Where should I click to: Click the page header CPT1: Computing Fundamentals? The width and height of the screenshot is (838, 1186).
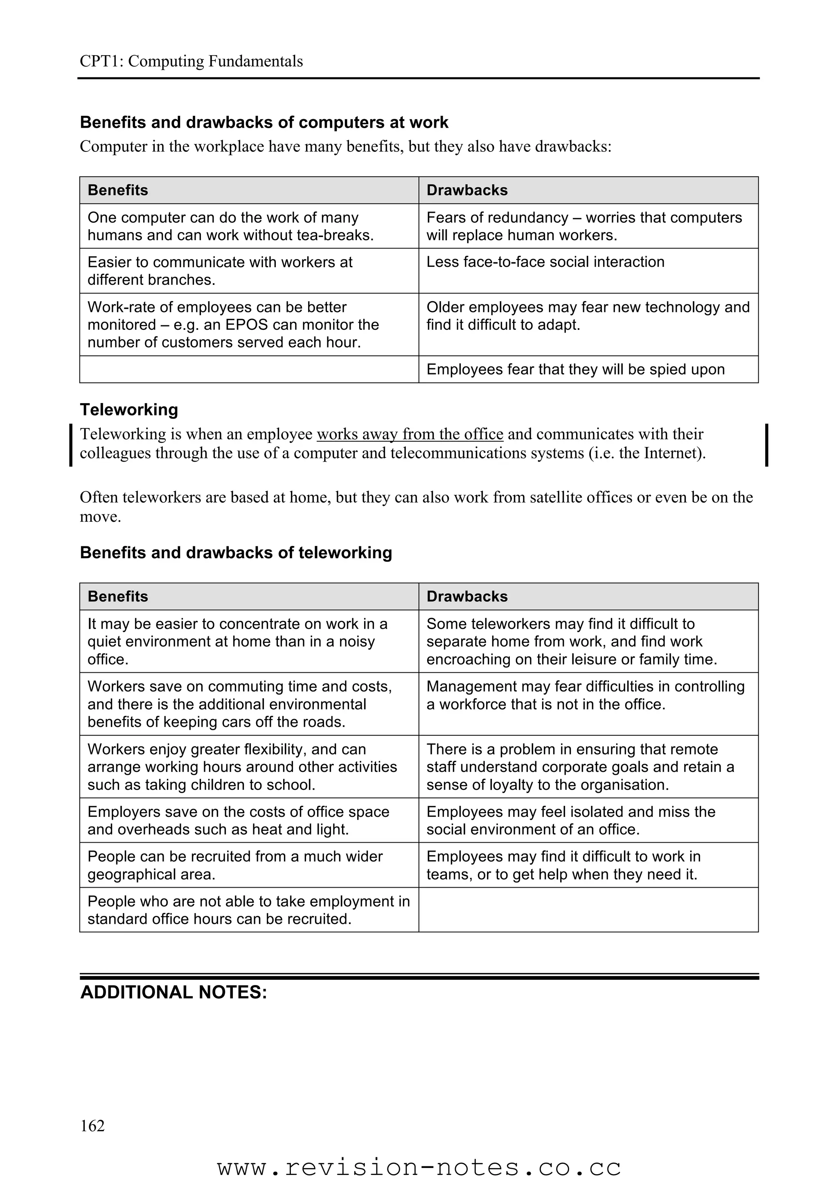coord(191,61)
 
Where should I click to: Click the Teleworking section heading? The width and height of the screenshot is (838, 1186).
coord(128,410)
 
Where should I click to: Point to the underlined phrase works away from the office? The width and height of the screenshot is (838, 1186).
coord(410,434)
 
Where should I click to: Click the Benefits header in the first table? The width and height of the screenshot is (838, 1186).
coord(118,190)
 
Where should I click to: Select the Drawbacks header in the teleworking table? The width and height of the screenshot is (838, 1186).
coord(467,596)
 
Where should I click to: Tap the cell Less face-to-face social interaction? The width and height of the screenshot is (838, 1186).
coord(545,262)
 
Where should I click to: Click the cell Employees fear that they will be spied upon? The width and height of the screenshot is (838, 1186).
coord(575,369)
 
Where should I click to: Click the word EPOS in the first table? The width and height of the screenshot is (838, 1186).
coord(246,325)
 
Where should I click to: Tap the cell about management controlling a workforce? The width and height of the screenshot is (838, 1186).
coord(585,695)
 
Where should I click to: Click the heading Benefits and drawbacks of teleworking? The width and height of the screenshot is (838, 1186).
coord(236,553)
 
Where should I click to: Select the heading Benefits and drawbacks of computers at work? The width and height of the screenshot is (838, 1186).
coord(264,122)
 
